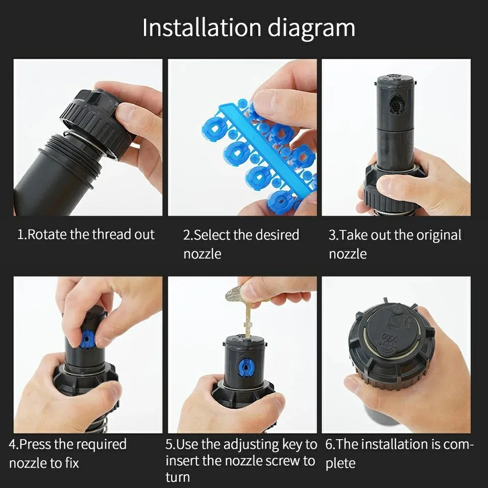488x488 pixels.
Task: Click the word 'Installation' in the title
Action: click(x=202, y=28)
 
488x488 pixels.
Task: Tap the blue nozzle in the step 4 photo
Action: click(x=87, y=339)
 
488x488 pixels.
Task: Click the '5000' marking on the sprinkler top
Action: click(x=390, y=338)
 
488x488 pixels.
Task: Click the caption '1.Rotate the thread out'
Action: click(x=86, y=235)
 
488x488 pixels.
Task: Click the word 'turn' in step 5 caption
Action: click(x=178, y=477)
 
